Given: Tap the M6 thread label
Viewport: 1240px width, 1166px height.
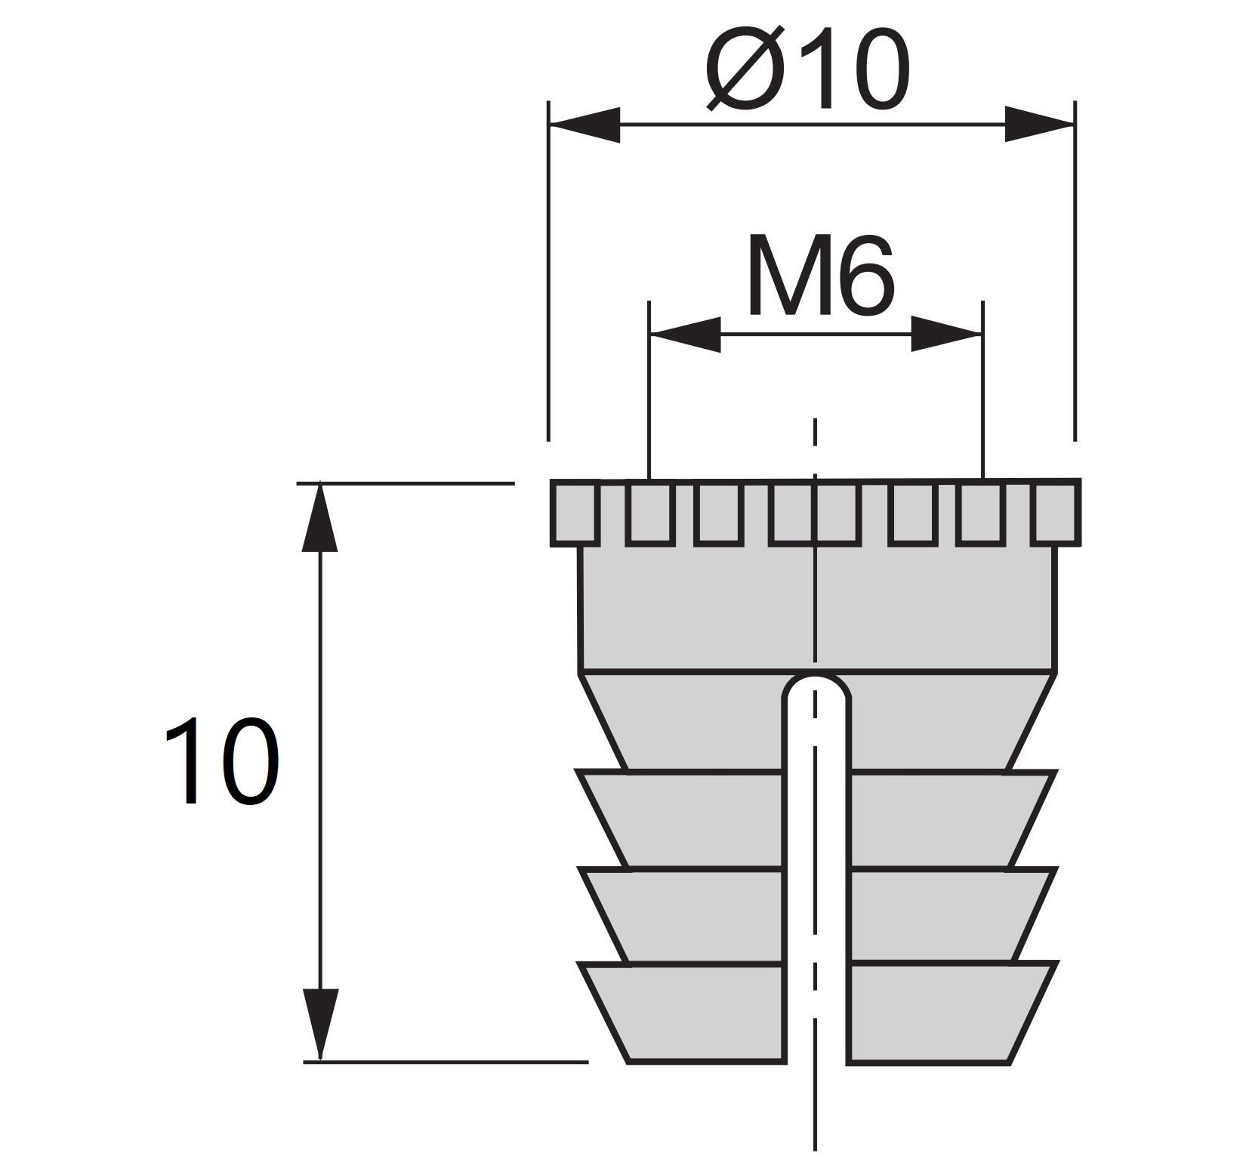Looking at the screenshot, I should point(819,276).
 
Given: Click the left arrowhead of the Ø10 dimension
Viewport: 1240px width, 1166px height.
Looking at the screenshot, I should point(585,125).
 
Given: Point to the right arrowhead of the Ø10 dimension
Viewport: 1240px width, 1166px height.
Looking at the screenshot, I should point(1038,125).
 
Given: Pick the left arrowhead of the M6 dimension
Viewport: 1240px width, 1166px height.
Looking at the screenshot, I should point(686,334).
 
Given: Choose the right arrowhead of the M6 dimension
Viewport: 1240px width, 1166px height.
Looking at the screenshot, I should point(945,334).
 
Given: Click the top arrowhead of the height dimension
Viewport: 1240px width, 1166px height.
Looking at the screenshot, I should point(319,517).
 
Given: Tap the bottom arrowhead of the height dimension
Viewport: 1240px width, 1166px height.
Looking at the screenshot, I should point(319,1023).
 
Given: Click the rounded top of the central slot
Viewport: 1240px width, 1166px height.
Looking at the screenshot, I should point(816,686).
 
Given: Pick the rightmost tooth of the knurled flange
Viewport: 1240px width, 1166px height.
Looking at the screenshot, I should point(1056,512).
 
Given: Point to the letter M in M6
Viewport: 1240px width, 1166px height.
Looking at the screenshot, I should point(785,276).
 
